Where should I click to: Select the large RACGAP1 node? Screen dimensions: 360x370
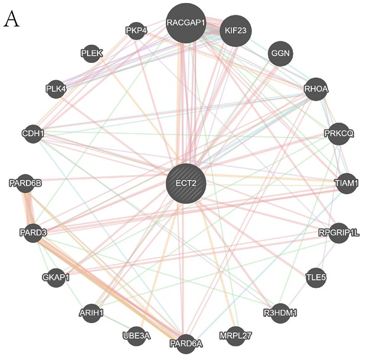(186, 23)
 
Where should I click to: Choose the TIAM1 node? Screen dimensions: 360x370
(345, 183)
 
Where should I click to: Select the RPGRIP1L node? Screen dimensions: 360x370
(339, 232)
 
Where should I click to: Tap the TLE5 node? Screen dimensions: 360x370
(316, 277)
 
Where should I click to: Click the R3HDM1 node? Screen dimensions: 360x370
(280, 313)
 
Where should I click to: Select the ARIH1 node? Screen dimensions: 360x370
(92, 313)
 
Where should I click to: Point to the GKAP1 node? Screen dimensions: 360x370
(56, 277)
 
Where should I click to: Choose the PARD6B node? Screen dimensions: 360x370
(26, 183)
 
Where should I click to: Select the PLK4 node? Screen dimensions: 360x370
(56, 89)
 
